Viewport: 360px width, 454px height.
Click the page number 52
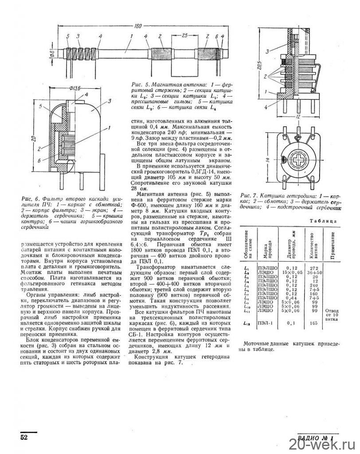(24, 437)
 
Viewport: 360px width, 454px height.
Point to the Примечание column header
(332, 244)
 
